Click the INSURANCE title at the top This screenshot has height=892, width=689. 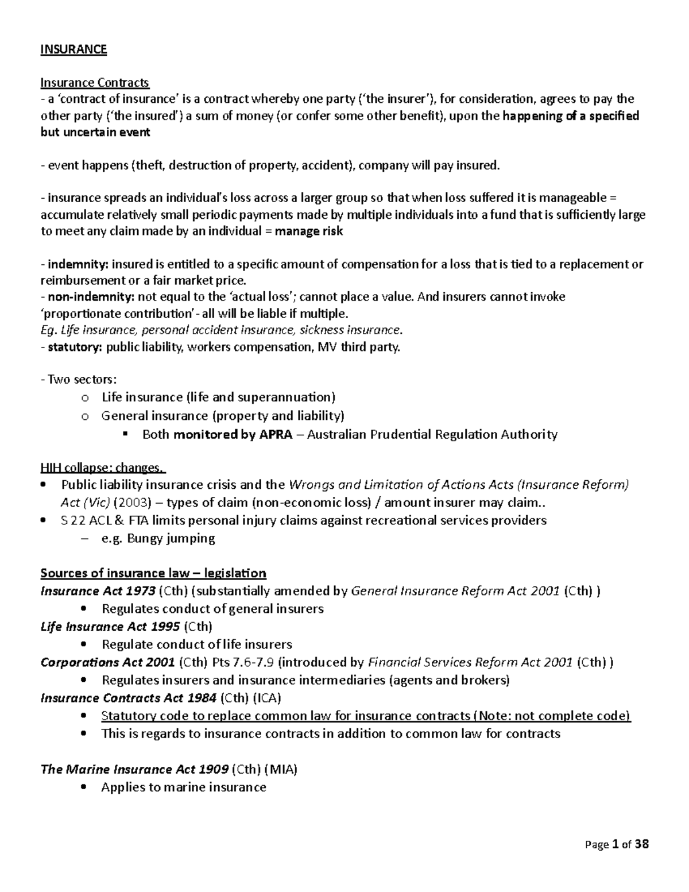73,49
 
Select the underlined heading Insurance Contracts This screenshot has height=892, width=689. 95,83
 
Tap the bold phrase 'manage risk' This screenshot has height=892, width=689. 309,231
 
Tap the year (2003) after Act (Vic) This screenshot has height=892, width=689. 131,503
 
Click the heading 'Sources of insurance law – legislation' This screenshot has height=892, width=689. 153,573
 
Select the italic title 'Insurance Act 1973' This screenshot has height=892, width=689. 98,591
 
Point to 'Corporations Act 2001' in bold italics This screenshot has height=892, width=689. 108,662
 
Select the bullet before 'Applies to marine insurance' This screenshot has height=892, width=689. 86,787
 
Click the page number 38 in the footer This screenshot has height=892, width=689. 642,844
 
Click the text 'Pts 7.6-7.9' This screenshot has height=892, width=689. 243,662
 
